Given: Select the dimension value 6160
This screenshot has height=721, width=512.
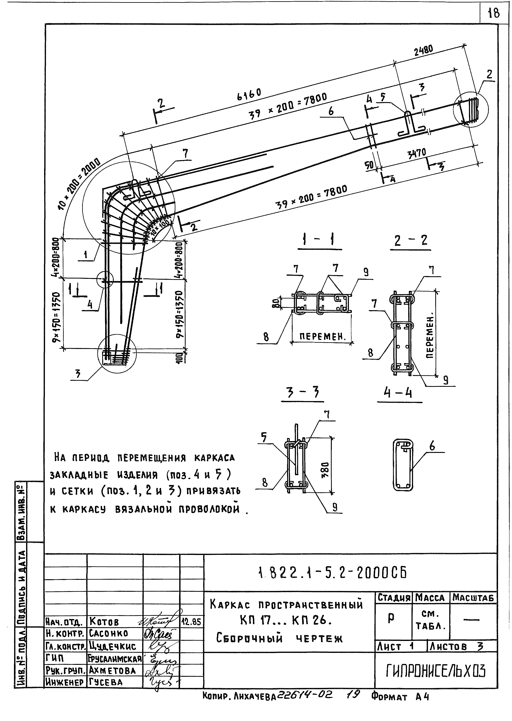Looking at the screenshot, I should pyautogui.click(x=249, y=94).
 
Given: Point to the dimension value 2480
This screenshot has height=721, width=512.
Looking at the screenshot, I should pyautogui.click(x=423, y=50).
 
